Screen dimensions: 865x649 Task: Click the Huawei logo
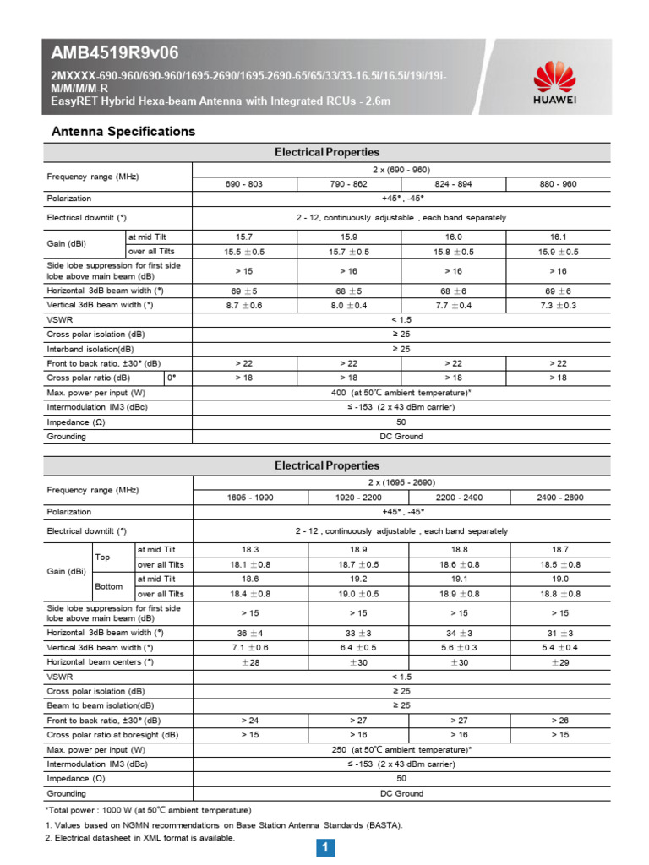coord(554,85)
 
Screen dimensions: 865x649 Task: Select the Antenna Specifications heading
coord(123,132)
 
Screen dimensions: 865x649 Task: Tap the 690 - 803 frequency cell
coord(245,184)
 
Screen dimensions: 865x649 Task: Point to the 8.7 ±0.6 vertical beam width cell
coord(245,305)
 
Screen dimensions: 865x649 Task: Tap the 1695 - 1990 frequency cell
coord(250,498)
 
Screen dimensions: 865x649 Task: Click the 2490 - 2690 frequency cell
coord(560,498)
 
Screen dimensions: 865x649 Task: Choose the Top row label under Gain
coord(102,558)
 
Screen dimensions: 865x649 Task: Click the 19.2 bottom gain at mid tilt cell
coord(357,579)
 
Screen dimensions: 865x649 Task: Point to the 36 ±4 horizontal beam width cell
coord(250,633)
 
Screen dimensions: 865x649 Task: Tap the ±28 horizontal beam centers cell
coord(250,661)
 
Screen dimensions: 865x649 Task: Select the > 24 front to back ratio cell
coord(250,721)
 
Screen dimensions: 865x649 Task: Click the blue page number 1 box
coord(325,847)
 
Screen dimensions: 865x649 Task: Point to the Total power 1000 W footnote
coord(148,810)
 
